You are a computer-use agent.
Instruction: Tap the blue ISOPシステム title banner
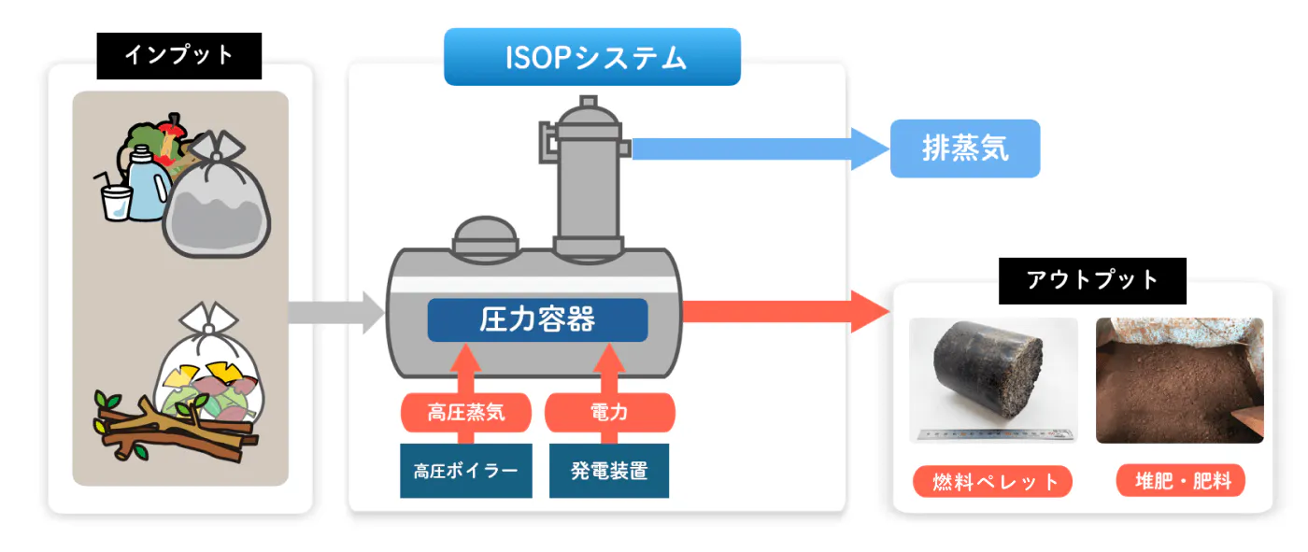tap(592, 57)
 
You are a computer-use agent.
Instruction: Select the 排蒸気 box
tap(964, 149)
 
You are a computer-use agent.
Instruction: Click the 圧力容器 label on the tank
tap(537, 320)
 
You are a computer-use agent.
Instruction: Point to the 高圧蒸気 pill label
tap(466, 412)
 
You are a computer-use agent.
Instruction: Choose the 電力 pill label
tap(609, 412)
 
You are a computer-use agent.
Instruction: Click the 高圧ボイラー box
tap(465, 470)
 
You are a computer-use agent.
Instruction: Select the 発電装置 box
tap(609, 470)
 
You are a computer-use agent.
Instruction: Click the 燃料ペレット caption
tap(992, 481)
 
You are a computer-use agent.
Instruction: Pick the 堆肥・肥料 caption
tap(1181, 481)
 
